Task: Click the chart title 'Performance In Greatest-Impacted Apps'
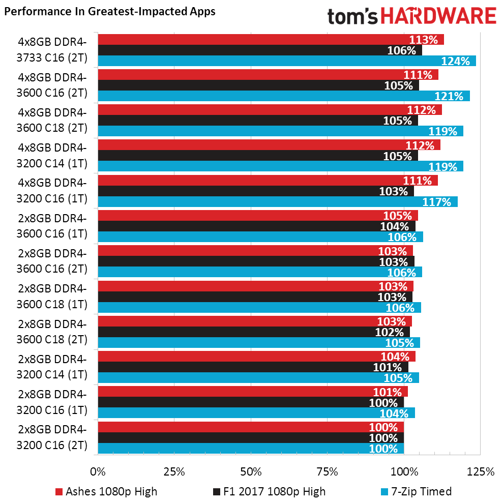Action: (109, 12)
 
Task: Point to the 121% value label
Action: (449, 96)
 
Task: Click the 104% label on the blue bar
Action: (395, 413)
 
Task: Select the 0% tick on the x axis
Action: (98, 471)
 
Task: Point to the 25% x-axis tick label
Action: (174, 471)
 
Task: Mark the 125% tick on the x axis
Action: (480, 471)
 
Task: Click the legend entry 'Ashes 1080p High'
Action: (106, 491)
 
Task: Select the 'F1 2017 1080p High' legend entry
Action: (269, 491)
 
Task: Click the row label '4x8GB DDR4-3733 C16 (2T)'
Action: (52, 50)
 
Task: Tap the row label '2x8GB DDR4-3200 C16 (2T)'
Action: (52, 438)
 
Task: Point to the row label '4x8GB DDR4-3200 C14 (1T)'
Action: (52, 156)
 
